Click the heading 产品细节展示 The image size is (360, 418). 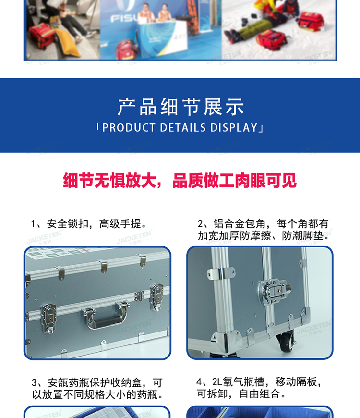[180, 107]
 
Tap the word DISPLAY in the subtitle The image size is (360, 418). [234, 128]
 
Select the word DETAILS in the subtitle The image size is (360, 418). [183, 128]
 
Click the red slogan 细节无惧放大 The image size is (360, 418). [109, 181]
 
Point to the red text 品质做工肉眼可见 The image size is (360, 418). [234, 181]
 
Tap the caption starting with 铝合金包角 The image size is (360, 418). [264, 230]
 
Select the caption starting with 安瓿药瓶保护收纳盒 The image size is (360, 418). [97, 389]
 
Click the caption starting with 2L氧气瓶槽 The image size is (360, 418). [259, 388]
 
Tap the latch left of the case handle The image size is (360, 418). [49, 318]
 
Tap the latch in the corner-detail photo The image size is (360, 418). [274, 292]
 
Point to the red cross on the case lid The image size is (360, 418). [85, 251]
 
